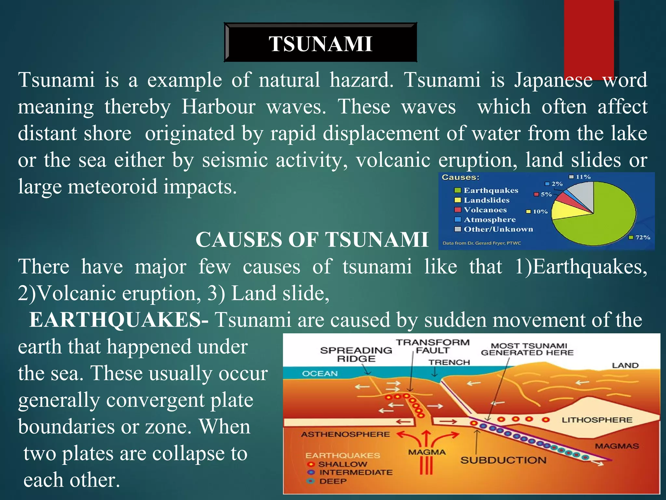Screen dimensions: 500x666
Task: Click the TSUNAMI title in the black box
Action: pyautogui.click(x=320, y=44)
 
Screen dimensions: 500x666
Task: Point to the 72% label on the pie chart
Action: pyautogui.click(x=643, y=237)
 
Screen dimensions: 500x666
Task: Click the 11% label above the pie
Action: pyautogui.click(x=583, y=177)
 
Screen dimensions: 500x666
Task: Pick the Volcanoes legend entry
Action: pyautogui.click(x=485, y=210)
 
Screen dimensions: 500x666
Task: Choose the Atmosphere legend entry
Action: pyautogui.click(x=489, y=220)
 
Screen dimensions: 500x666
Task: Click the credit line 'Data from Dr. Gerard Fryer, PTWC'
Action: pyautogui.click(x=482, y=243)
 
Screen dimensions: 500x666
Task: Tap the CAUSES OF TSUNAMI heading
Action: pyautogui.click(x=312, y=240)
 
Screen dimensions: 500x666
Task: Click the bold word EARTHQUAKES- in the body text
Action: pyautogui.click(x=119, y=320)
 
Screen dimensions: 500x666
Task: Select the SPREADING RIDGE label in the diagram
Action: pyautogui.click(x=356, y=354)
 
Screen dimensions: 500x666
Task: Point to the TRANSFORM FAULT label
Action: pyautogui.click(x=433, y=346)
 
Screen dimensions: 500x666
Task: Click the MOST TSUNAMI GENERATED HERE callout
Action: pyautogui.click(x=527, y=349)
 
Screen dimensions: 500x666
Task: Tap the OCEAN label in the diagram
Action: pyautogui.click(x=320, y=373)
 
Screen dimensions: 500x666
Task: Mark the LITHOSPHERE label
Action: pyautogui.click(x=597, y=420)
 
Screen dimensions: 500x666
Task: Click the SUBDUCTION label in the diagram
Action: pyautogui.click(x=503, y=460)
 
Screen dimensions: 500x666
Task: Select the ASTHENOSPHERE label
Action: pyautogui.click(x=345, y=434)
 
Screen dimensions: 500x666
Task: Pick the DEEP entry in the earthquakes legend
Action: pyautogui.click(x=333, y=481)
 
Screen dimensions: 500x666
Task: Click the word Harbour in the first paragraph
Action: pyautogui.click(x=219, y=106)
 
